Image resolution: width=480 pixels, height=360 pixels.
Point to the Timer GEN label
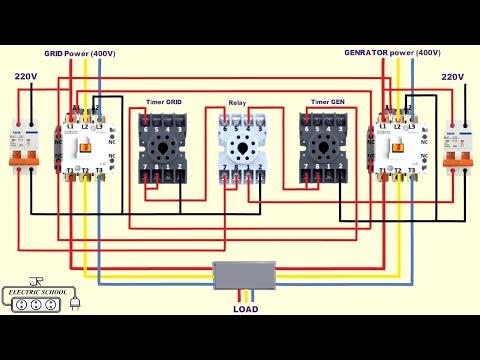[327, 102]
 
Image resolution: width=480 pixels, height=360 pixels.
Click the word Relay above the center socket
[237, 102]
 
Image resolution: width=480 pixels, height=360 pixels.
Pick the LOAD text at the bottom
[244, 309]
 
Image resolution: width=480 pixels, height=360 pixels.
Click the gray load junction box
[244, 275]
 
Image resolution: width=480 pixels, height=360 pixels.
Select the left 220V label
[26, 76]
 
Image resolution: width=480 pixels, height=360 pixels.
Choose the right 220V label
[453, 76]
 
